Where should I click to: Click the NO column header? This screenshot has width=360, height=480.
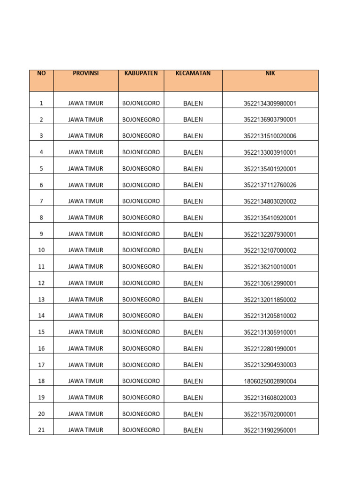tap(41, 74)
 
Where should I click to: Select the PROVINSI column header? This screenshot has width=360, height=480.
tap(86, 74)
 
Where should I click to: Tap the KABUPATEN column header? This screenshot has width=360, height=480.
tap(141, 74)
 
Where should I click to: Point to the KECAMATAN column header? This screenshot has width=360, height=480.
tap(193, 74)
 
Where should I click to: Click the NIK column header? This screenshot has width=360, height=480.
tap(270, 74)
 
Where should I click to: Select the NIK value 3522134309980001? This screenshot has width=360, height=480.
tap(270, 104)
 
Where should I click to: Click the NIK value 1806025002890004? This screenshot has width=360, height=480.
tap(270, 382)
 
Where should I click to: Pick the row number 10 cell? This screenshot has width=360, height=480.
tap(41, 250)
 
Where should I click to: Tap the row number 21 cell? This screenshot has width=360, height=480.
tap(41, 430)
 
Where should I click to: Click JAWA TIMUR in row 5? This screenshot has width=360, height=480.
tap(86, 169)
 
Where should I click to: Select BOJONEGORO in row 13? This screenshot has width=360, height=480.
tap(141, 300)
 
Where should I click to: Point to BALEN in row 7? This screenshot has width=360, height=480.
tap(193, 202)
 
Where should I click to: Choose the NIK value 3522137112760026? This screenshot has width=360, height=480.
tap(270, 185)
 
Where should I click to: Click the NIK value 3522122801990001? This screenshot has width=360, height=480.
tap(270, 349)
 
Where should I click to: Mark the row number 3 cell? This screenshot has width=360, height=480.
tap(41, 136)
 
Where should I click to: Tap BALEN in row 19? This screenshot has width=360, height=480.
tap(193, 398)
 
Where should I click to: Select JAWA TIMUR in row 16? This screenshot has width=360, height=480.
tap(86, 349)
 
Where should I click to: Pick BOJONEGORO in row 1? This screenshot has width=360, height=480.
tap(141, 103)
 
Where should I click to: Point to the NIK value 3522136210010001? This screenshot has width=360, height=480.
tap(270, 267)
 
